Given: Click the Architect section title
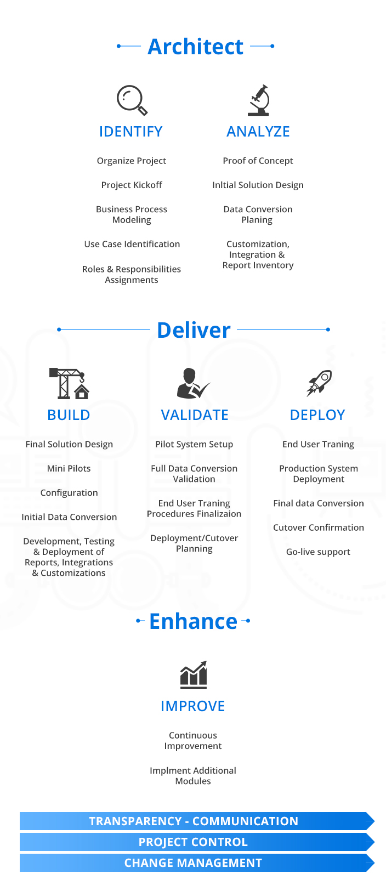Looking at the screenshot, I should (x=195, y=47).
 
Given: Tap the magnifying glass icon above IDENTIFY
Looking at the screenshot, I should (x=132, y=100).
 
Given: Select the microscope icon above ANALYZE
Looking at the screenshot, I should (x=259, y=100).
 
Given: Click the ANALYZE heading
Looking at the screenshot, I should (x=258, y=132).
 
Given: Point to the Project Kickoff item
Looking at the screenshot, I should (x=132, y=185).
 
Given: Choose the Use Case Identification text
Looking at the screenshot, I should (x=132, y=244).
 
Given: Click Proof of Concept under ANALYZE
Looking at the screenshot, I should (x=258, y=161).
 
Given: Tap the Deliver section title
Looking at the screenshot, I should (x=194, y=330).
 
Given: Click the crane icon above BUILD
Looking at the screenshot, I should (x=70, y=383).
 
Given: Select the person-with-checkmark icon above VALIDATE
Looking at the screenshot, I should (x=192, y=383).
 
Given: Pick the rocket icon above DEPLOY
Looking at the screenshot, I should (x=319, y=383).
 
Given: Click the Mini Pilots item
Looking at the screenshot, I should (x=69, y=468).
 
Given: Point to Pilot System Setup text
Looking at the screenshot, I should (x=194, y=444).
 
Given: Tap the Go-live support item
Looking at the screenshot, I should (x=318, y=552).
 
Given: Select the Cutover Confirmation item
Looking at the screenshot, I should (x=319, y=527).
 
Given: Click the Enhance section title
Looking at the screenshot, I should (x=193, y=621).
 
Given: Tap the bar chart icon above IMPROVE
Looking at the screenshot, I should (x=194, y=675).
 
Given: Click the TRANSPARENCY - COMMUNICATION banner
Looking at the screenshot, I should (x=194, y=821).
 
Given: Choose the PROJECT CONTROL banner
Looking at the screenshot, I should (x=193, y=842).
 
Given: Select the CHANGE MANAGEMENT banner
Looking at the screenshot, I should (x=193, y=862).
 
